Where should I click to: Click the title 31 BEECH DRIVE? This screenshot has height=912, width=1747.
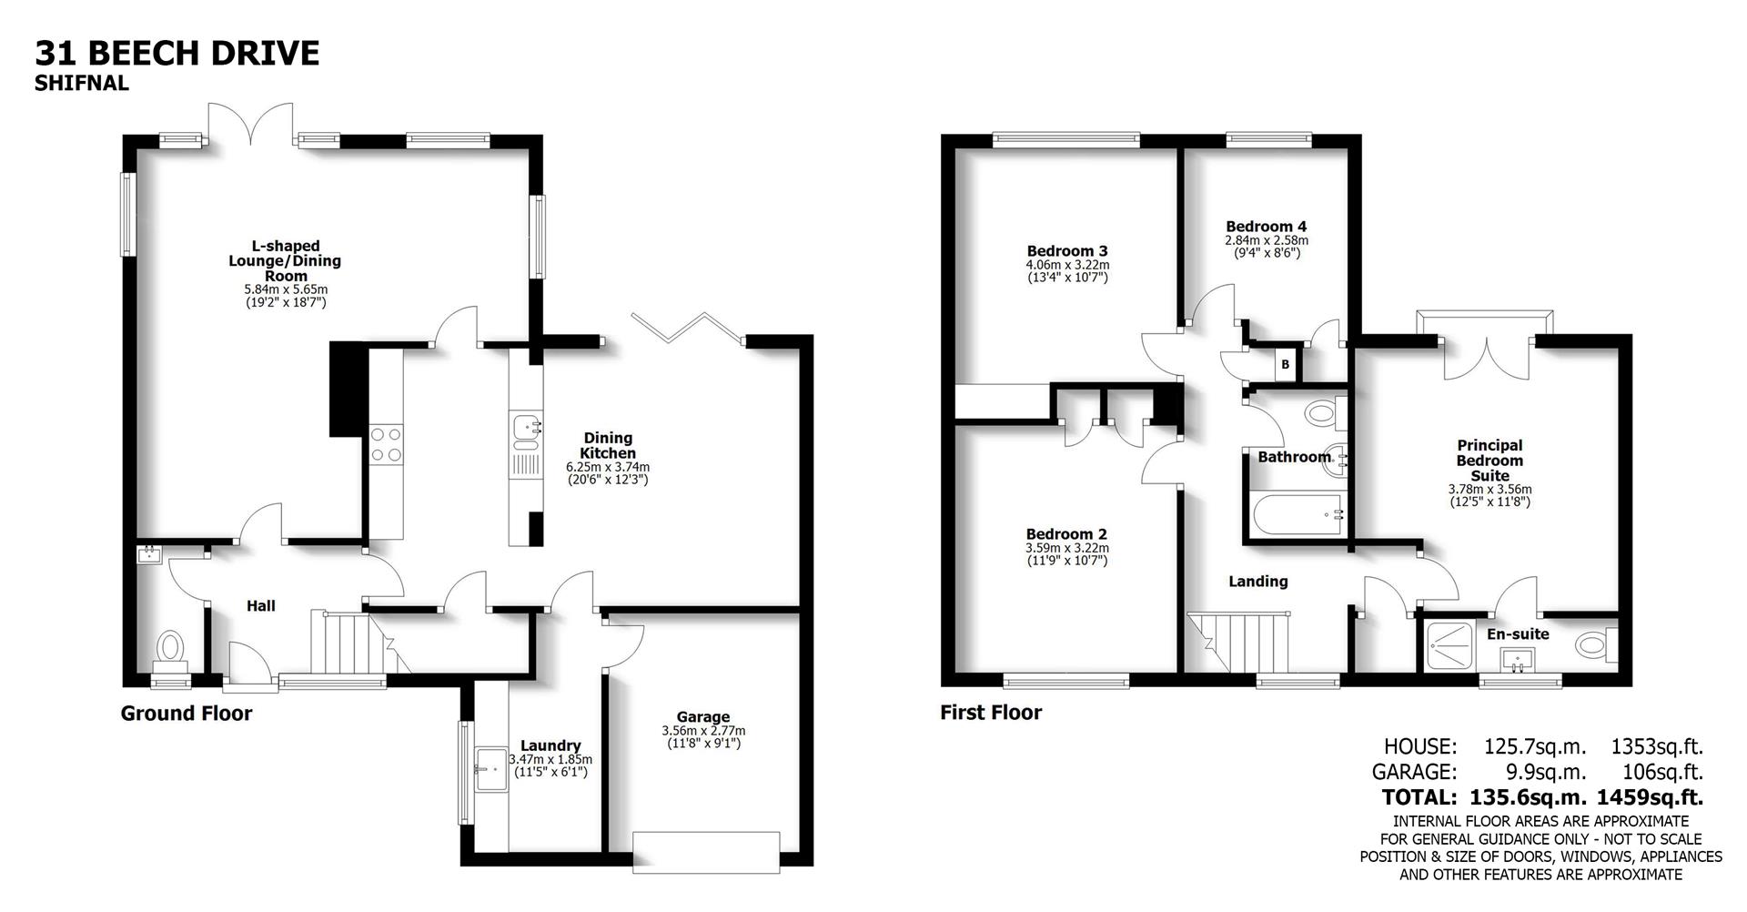177,54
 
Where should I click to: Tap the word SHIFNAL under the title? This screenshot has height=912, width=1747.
82,84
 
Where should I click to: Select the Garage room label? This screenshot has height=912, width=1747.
702,717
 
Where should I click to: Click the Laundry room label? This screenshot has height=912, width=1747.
550,745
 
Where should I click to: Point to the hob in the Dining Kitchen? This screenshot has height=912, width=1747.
386,445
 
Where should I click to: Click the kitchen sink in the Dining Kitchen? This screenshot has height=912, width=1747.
526,431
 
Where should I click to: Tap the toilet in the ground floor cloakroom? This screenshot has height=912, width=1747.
170,647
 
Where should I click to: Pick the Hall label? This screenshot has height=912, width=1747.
261,606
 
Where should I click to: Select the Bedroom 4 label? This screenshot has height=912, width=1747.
1266,227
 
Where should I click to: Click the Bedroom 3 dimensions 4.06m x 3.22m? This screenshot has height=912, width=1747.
1067,265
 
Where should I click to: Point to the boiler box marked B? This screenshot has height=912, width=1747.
1285,365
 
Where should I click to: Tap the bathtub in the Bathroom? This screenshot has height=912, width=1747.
1298,516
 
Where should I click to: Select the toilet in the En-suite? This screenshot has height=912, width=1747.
1593,645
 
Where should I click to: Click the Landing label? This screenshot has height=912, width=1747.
1258,582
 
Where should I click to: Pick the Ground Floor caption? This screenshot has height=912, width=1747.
187,714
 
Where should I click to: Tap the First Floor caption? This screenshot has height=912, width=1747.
991,713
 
